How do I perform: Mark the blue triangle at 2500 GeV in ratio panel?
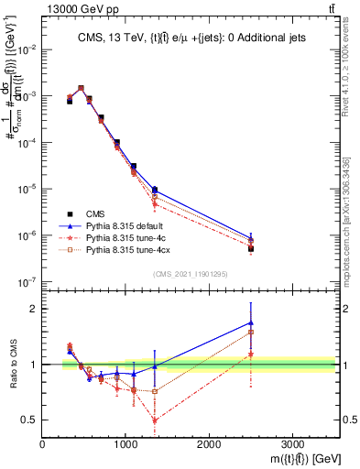point(250,322)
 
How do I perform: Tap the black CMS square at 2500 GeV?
point(250,248)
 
